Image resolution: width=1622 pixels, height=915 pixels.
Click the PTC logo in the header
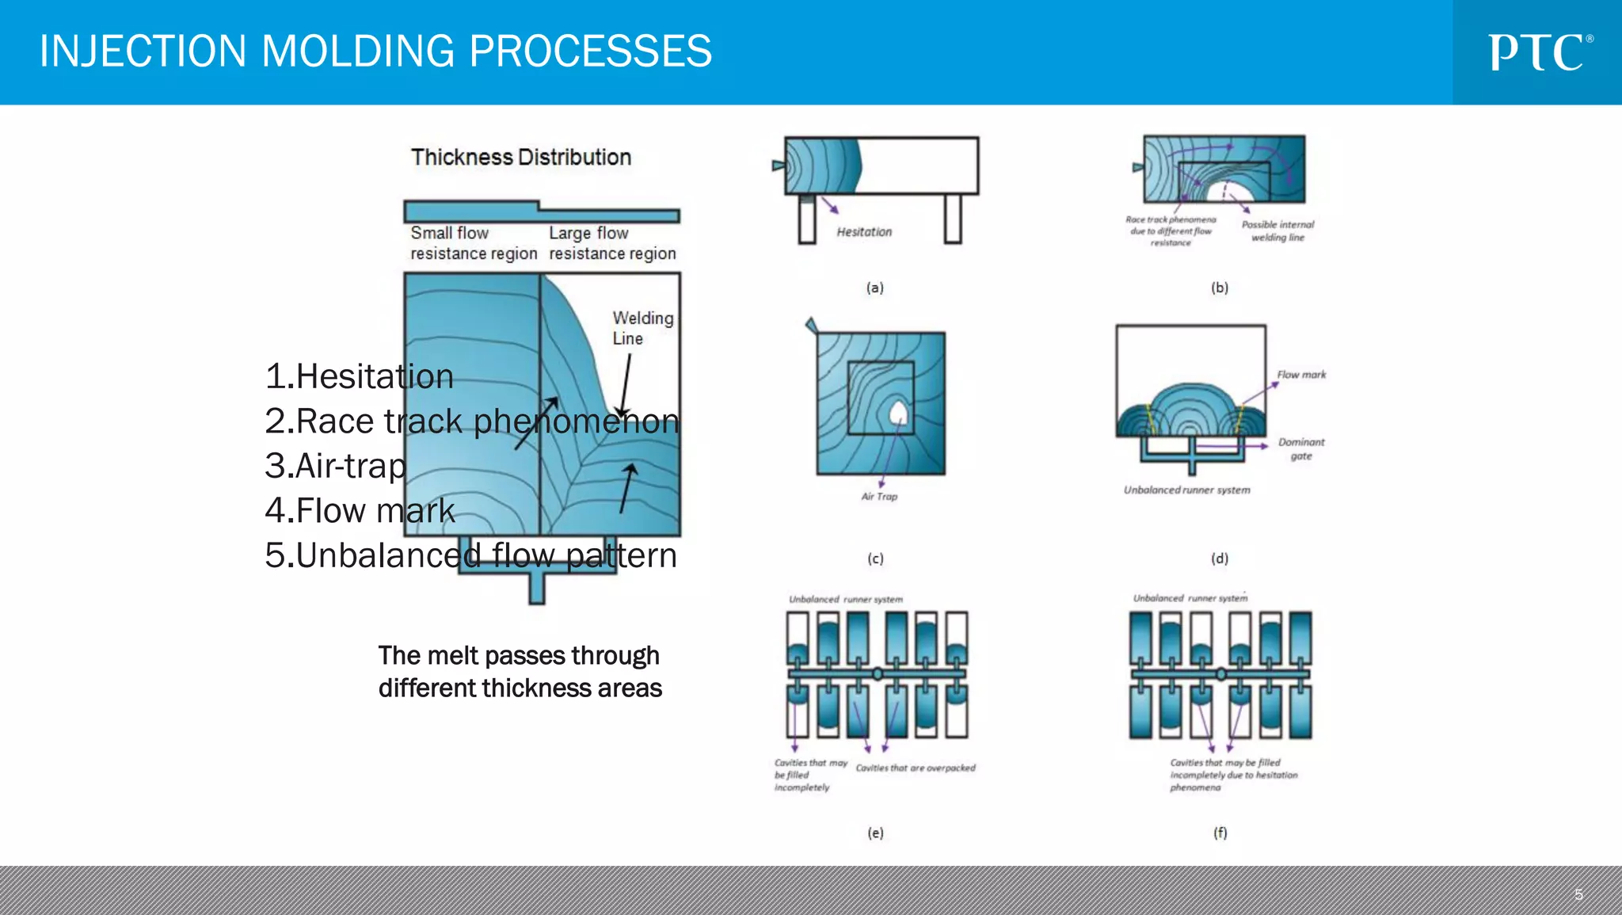click(x=1539, y=52)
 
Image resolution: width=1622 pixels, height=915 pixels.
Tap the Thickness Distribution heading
click(x=520, y=157)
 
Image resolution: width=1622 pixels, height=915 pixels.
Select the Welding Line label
click(x=642, y=328)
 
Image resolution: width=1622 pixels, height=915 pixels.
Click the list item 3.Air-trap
click(x=335, y=466)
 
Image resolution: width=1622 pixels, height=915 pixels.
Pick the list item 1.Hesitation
click(x=359, y=376)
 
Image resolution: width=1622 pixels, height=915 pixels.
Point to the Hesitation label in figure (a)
click(x=864, y=232)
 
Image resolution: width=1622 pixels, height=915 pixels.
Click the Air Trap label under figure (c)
click(x=879, y=497)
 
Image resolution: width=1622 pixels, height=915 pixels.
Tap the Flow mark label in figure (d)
click(x=1300, y=375)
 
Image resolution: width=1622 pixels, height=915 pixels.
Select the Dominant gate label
click(x=1300, y=448)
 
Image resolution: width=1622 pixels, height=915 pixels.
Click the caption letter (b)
click(x=1219, y=288)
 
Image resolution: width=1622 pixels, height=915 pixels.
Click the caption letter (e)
click(x=874, y=833)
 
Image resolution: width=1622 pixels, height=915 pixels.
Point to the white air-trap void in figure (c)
click(x=898, y=413)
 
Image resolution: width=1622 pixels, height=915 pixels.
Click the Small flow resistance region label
click(x=473, y=243)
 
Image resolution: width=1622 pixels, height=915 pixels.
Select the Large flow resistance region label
click(x=612, y=243)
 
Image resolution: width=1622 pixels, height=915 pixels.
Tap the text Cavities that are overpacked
click(x=916, y=768)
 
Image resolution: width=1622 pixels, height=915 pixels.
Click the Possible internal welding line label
click(x=1277, y=231)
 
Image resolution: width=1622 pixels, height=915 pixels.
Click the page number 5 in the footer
click(x=1578, y=894)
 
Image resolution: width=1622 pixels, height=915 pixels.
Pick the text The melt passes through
click(x=518, y=656)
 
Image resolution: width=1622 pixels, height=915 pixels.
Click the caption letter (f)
click(x=1220, y=833)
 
